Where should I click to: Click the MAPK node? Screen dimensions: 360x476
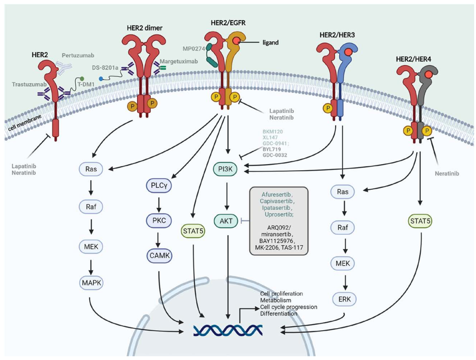click(92, 283)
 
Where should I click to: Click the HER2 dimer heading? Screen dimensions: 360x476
click(144, 27)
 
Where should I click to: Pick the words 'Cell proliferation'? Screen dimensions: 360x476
click(282, 293)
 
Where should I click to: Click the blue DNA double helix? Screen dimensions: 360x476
click(228, 329)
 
